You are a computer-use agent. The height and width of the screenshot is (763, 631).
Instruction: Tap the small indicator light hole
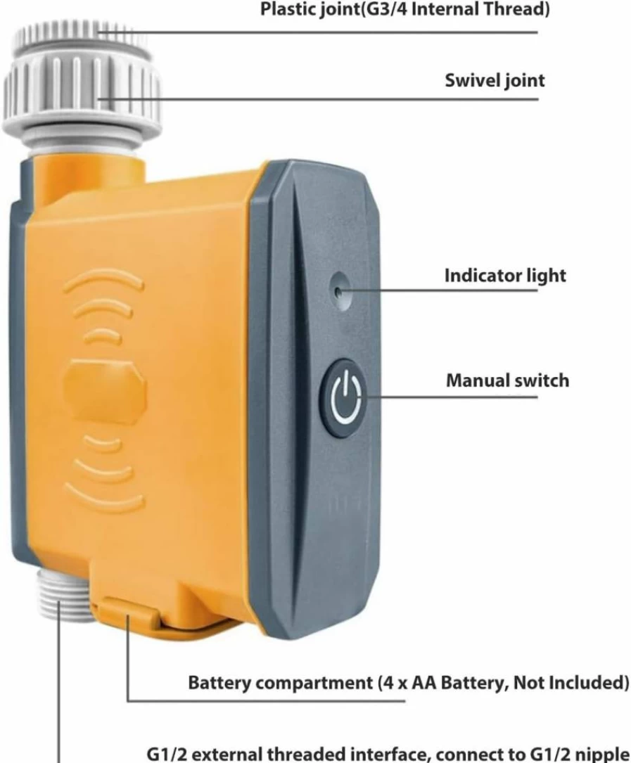tap(339, 291)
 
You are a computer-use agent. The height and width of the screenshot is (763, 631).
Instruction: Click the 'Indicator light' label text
tap(505, 276)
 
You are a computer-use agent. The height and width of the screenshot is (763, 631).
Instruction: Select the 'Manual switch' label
tap(507, 380)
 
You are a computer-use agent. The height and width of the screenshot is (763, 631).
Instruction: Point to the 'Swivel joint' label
tap(495, 80)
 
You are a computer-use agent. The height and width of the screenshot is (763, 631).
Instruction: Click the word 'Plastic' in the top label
tap(288, 8)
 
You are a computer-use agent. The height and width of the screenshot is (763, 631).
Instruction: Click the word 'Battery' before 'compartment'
tap(219, 683)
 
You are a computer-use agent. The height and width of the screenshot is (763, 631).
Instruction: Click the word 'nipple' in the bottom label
tap(601, 755)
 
